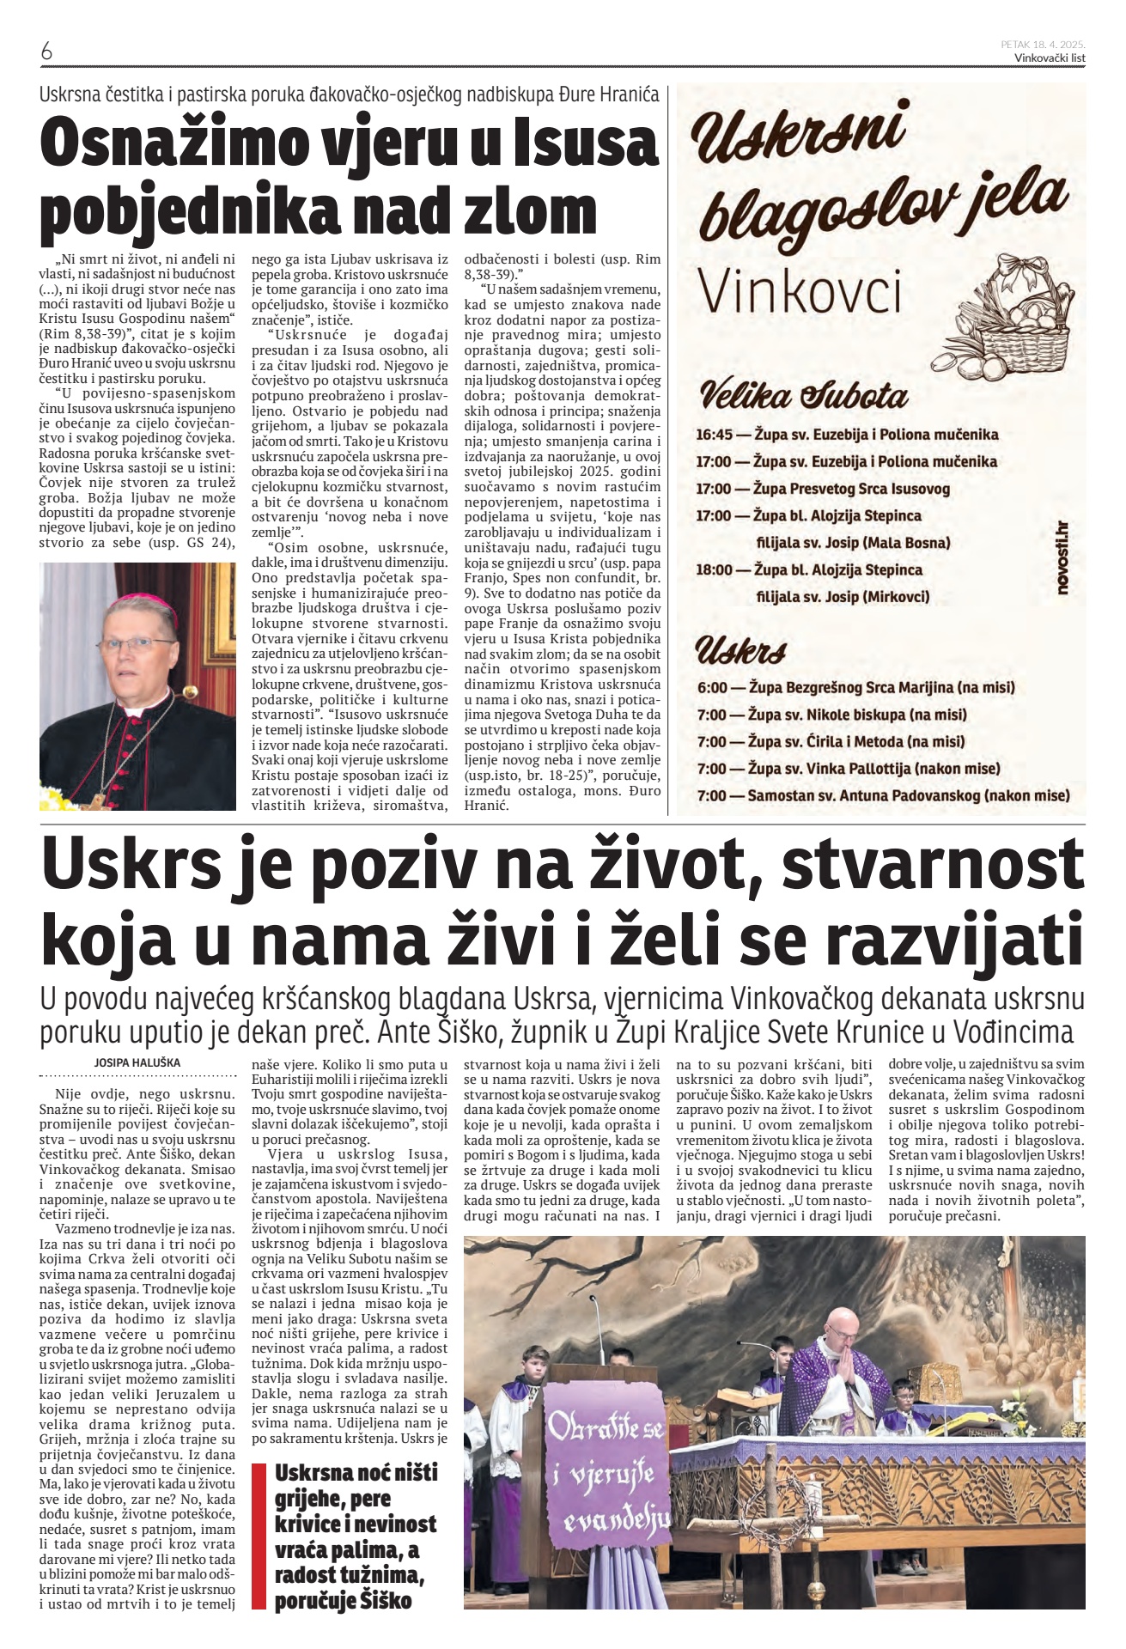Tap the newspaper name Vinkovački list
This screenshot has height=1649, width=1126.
coord(1050,58)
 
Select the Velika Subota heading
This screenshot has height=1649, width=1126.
coord(803,396)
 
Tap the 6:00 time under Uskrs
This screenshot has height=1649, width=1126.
coord(712,687)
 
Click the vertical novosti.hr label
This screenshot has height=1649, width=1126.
coord(1062,559)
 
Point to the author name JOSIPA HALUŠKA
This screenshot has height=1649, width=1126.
coord(137,1062)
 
